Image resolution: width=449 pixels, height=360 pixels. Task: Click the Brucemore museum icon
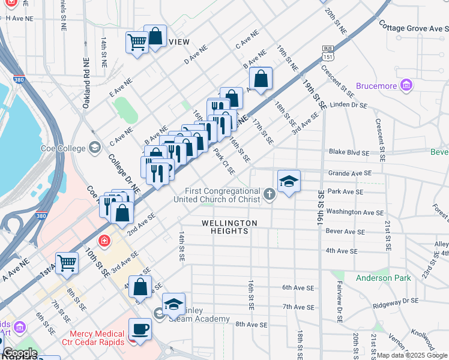tap(407, 85)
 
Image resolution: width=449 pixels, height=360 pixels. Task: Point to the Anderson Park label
tap(383, 278)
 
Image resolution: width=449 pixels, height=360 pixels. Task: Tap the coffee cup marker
tap(140, 328)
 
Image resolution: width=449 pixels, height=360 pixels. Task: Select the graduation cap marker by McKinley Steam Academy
tap(173, 304)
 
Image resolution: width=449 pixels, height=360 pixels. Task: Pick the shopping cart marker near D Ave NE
tap(137, 43)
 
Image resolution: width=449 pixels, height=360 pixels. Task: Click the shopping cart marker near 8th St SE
tap(67, 263)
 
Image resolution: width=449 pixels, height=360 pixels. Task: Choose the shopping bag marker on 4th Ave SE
tap(140, 287)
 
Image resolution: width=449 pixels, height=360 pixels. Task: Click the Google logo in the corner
tap(20, 353)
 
